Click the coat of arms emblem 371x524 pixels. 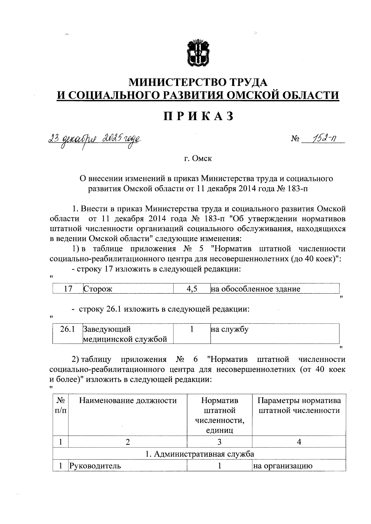pyautogui.click(x=198, y=53)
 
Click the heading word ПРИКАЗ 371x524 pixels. pyautogui.click(x=198, y=116)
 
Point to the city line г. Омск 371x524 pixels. pyautogui.click(x=198, y=159)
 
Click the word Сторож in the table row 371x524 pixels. pyautogui.click(x=98, y=289)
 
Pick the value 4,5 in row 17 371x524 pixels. pyautogui.click(x=192, y=289)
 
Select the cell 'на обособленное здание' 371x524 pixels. pyautogui.click(x=255, y=289)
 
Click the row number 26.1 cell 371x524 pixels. pyautogui.click(x=67, y=329)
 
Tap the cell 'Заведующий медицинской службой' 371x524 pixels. pyautogui.click(x=125, y=334)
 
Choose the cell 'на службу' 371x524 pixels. pyautogui.click(x=229, y=329)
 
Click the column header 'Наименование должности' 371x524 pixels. pyautogui.click(x=128, y=401)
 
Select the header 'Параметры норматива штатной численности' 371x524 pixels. pyautogui.click(x=299, y=406)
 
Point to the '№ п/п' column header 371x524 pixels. pyautogui.click(x=61, y=406)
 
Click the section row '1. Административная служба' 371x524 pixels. pyautogui.click(x=199, y=454)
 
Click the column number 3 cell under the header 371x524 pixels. pyautogui.click(x=219, y=442)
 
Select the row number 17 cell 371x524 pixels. pyautogui.click(x=68, y=289)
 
